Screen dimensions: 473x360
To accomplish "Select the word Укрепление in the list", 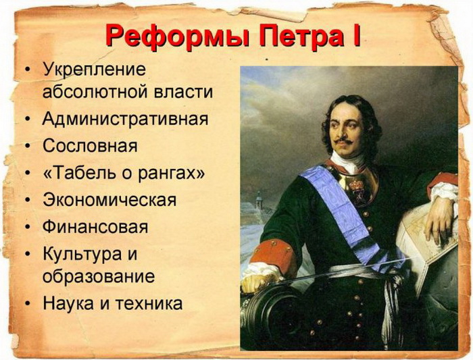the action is coord(94,70).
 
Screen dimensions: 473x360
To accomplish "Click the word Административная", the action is coord(125,119).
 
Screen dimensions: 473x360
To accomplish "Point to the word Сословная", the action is coord(90,146).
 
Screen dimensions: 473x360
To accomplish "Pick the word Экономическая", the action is coord(109,200).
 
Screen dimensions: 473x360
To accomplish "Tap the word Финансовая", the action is coord(95,227).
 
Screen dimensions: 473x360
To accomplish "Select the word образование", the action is coord(99,277).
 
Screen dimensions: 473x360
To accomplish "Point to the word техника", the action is coord(149,303).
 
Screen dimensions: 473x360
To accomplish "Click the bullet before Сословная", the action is coord(28,146).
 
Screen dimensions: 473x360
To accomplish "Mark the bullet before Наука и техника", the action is coord(28,303).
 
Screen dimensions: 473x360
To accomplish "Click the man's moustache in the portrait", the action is coord(343,141).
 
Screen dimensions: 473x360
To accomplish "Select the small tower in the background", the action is coord(259,200).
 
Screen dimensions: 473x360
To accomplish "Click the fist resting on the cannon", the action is coord(254,281).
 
